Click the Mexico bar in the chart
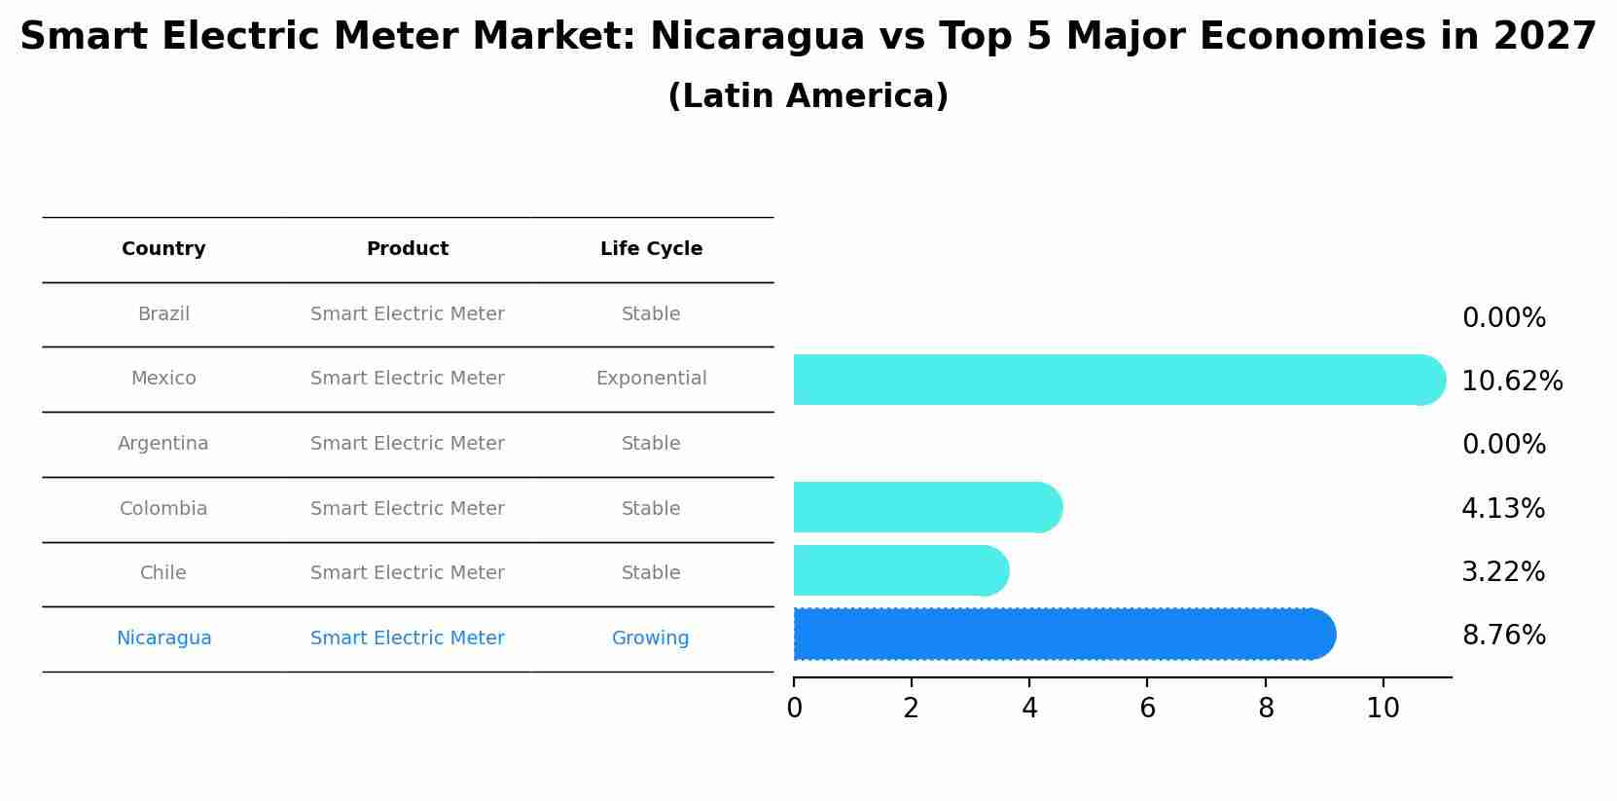click(x=1109, y=380)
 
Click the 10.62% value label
click(x=1511, y=382)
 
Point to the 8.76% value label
click(x=1503, y=636)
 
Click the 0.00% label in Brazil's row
click(x=1503, y=318)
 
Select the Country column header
click(x=163, y=249)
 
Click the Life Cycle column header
click(x=651, y=249)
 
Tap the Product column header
click(x=407, y=249)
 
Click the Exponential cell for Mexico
click(x=651, y=379)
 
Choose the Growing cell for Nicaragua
click(x=650, y=638)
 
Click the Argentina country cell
click(x=163, y=444)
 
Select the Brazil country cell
click(x=163, y=314)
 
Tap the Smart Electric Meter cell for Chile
click(x=407, y=573)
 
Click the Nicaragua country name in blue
click(x=163, y=638)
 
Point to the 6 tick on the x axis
click(x=1147, y=709)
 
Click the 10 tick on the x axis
click(x=1383, y=709)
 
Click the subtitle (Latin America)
click(x=808, y=96)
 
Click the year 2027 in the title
click(x=1544, y=37)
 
